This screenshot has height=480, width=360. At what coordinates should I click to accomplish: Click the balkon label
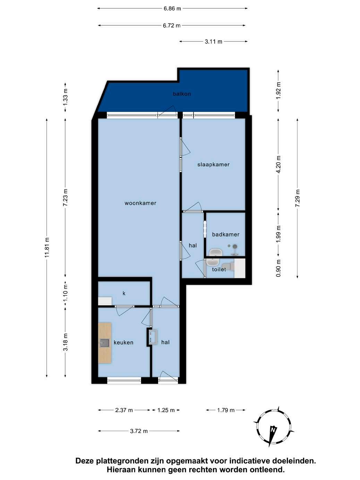182,94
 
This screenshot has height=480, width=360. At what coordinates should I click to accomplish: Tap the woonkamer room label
140,203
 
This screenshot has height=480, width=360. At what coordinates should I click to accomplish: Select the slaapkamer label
213,164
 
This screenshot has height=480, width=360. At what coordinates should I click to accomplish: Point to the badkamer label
225,234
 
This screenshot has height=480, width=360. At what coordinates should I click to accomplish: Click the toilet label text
219,269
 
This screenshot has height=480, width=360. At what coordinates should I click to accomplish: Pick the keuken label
123,342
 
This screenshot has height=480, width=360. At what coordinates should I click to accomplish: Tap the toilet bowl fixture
228,267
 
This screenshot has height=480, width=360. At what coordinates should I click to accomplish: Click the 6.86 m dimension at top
172,9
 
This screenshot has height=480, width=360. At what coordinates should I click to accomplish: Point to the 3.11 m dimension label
213,41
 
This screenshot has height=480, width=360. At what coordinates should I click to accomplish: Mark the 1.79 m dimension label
226,410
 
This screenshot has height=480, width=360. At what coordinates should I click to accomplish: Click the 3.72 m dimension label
139,431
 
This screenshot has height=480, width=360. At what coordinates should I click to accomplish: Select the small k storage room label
124,293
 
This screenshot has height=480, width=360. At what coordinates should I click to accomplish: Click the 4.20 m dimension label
278,164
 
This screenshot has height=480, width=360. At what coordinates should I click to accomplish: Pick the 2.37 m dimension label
124,410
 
